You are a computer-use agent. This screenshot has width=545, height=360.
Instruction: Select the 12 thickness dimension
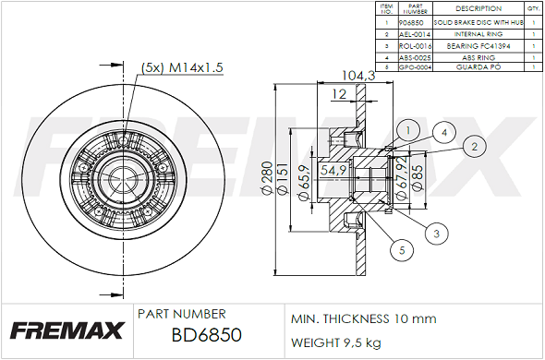(339, 94)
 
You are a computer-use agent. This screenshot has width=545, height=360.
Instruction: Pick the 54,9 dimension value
(333, 170)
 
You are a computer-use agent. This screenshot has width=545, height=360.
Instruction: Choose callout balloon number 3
(434, 234)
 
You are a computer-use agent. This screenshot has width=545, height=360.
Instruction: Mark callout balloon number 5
(401, 248)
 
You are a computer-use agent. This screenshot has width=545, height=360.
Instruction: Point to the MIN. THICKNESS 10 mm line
(363, 318)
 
